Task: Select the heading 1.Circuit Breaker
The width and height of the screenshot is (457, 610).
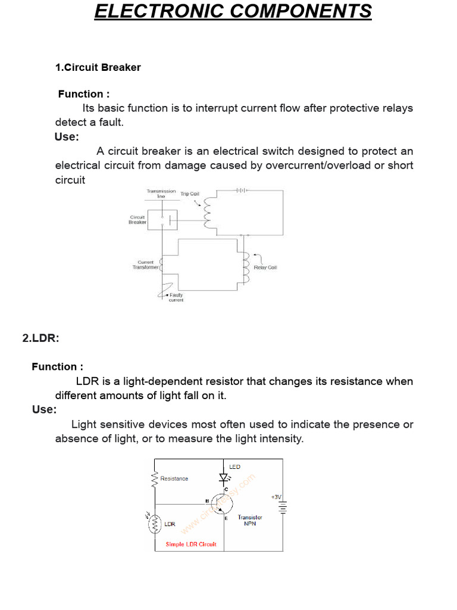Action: coord(98,67)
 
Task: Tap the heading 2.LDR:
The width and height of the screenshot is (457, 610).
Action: coord(41,338)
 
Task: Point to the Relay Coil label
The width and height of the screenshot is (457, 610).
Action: coord(265,267)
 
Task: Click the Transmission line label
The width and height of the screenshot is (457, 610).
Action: coord(161,194)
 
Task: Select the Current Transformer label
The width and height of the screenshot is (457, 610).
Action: coord(146,265)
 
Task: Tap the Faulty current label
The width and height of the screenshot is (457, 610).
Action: coord(176,297)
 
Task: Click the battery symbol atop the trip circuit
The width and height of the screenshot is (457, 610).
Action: coord(240,191)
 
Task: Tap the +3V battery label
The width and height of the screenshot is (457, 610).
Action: coord(277,496)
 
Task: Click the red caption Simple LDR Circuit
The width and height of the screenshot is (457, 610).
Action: coord(191,544)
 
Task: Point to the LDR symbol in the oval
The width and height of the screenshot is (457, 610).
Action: coord(155,523)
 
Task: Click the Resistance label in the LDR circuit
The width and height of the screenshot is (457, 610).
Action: coord(174,478)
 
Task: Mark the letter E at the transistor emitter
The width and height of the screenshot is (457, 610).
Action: coord(226,518)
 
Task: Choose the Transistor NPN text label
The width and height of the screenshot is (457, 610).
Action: coord(250,521)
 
